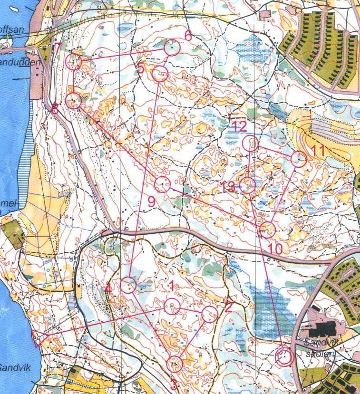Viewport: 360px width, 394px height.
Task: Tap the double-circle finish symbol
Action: (x=284, y=357)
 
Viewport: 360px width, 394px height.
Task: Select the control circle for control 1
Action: (x=172, y=307)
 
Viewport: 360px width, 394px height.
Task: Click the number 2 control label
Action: (x=228, y=307)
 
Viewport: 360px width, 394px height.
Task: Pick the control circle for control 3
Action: (x=175, y=364)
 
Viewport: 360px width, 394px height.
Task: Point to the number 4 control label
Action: (x=109, y=288)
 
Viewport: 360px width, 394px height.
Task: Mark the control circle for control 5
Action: (x=160, y=74)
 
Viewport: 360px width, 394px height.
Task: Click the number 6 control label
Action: (x=187, y=36)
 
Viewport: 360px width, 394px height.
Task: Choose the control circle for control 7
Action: (x=73, y=61)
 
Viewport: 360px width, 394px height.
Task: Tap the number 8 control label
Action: (x=55, y=110)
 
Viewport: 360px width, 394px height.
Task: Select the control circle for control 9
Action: (x=163, y=184)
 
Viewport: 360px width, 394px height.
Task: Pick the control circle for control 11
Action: (x=299, y=159)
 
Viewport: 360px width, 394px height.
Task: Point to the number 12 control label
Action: (x=240, y=126)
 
